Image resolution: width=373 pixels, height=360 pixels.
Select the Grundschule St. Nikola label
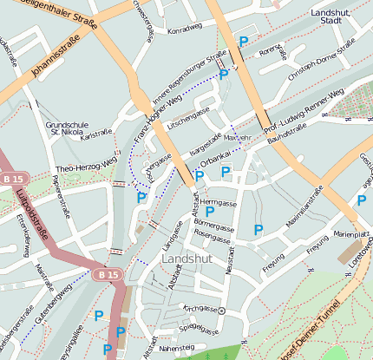(x=66, y=128)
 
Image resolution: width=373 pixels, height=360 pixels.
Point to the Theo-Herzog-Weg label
(x=85, y=165)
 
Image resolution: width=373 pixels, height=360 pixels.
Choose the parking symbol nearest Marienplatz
(x=361, y=200)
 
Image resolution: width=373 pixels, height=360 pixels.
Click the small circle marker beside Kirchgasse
(x=221, y=310)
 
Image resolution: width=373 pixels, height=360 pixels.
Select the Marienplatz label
(x=350, y=234)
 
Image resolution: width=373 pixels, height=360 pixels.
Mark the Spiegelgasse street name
(x=200, y=330)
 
